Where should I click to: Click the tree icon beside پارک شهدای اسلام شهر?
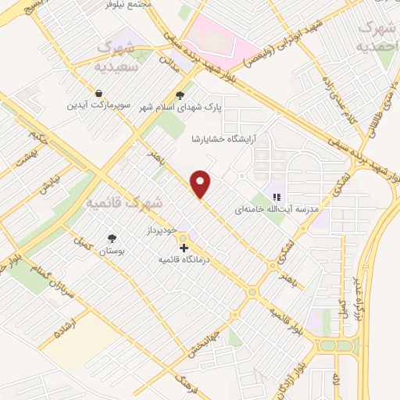(x=180, y=96)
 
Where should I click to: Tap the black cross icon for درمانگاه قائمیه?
(x=184, y=248)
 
